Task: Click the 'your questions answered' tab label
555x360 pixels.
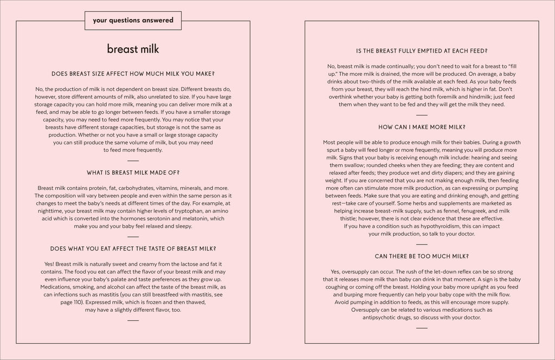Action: [x=133, y=21]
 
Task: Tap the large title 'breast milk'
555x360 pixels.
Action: [x=133, y=49]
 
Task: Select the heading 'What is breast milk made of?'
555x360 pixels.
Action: [x=133, y=172]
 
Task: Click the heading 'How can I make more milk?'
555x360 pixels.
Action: [x=422, y=127]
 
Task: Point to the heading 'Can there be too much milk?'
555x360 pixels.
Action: [x=422, y=256]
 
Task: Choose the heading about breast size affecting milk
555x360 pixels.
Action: [x=133, y=73]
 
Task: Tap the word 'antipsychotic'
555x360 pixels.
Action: [x=385, y=318]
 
